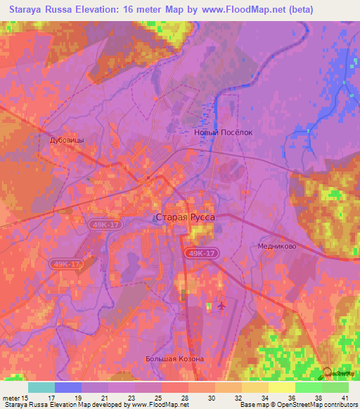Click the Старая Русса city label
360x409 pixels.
(x=184, y=218)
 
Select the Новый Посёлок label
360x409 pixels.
(x=223, y=131)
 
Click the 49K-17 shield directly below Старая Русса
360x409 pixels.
(x=202, y=252)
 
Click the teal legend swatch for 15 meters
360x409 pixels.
(x=41, y=387)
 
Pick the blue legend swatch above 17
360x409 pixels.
(x=68, y=387)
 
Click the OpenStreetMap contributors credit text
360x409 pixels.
(x=314, y=405)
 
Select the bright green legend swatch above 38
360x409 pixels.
(x=309, y=387)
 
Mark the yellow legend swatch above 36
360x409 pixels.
(x=282, y=387)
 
